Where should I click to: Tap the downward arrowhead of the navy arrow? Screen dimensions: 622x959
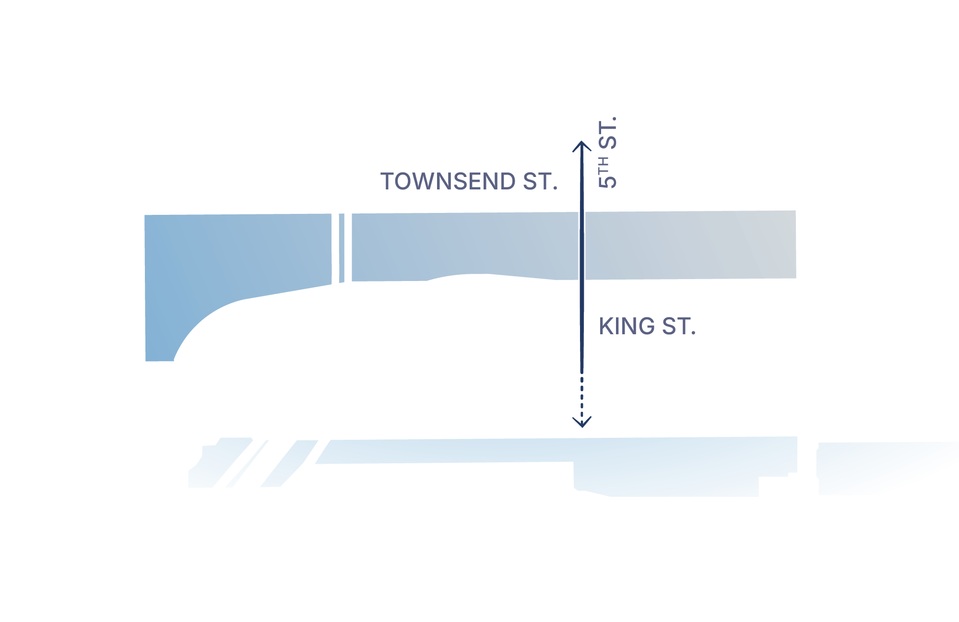pyautogui.click(x=582, y=422)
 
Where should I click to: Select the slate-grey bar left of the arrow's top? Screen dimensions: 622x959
pyautogui.click(x=475, y=185)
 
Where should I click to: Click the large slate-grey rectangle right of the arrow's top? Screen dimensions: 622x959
pyautogui.click(x=700, y=168)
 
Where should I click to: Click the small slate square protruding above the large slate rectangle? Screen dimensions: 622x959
pyautogui.click(x=607, y=133)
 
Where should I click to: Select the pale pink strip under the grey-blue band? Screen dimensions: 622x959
pyautogui.click(x=691, y=288)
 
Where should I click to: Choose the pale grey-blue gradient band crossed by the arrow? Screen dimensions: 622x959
pyautogui.click(x=480, y=247)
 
